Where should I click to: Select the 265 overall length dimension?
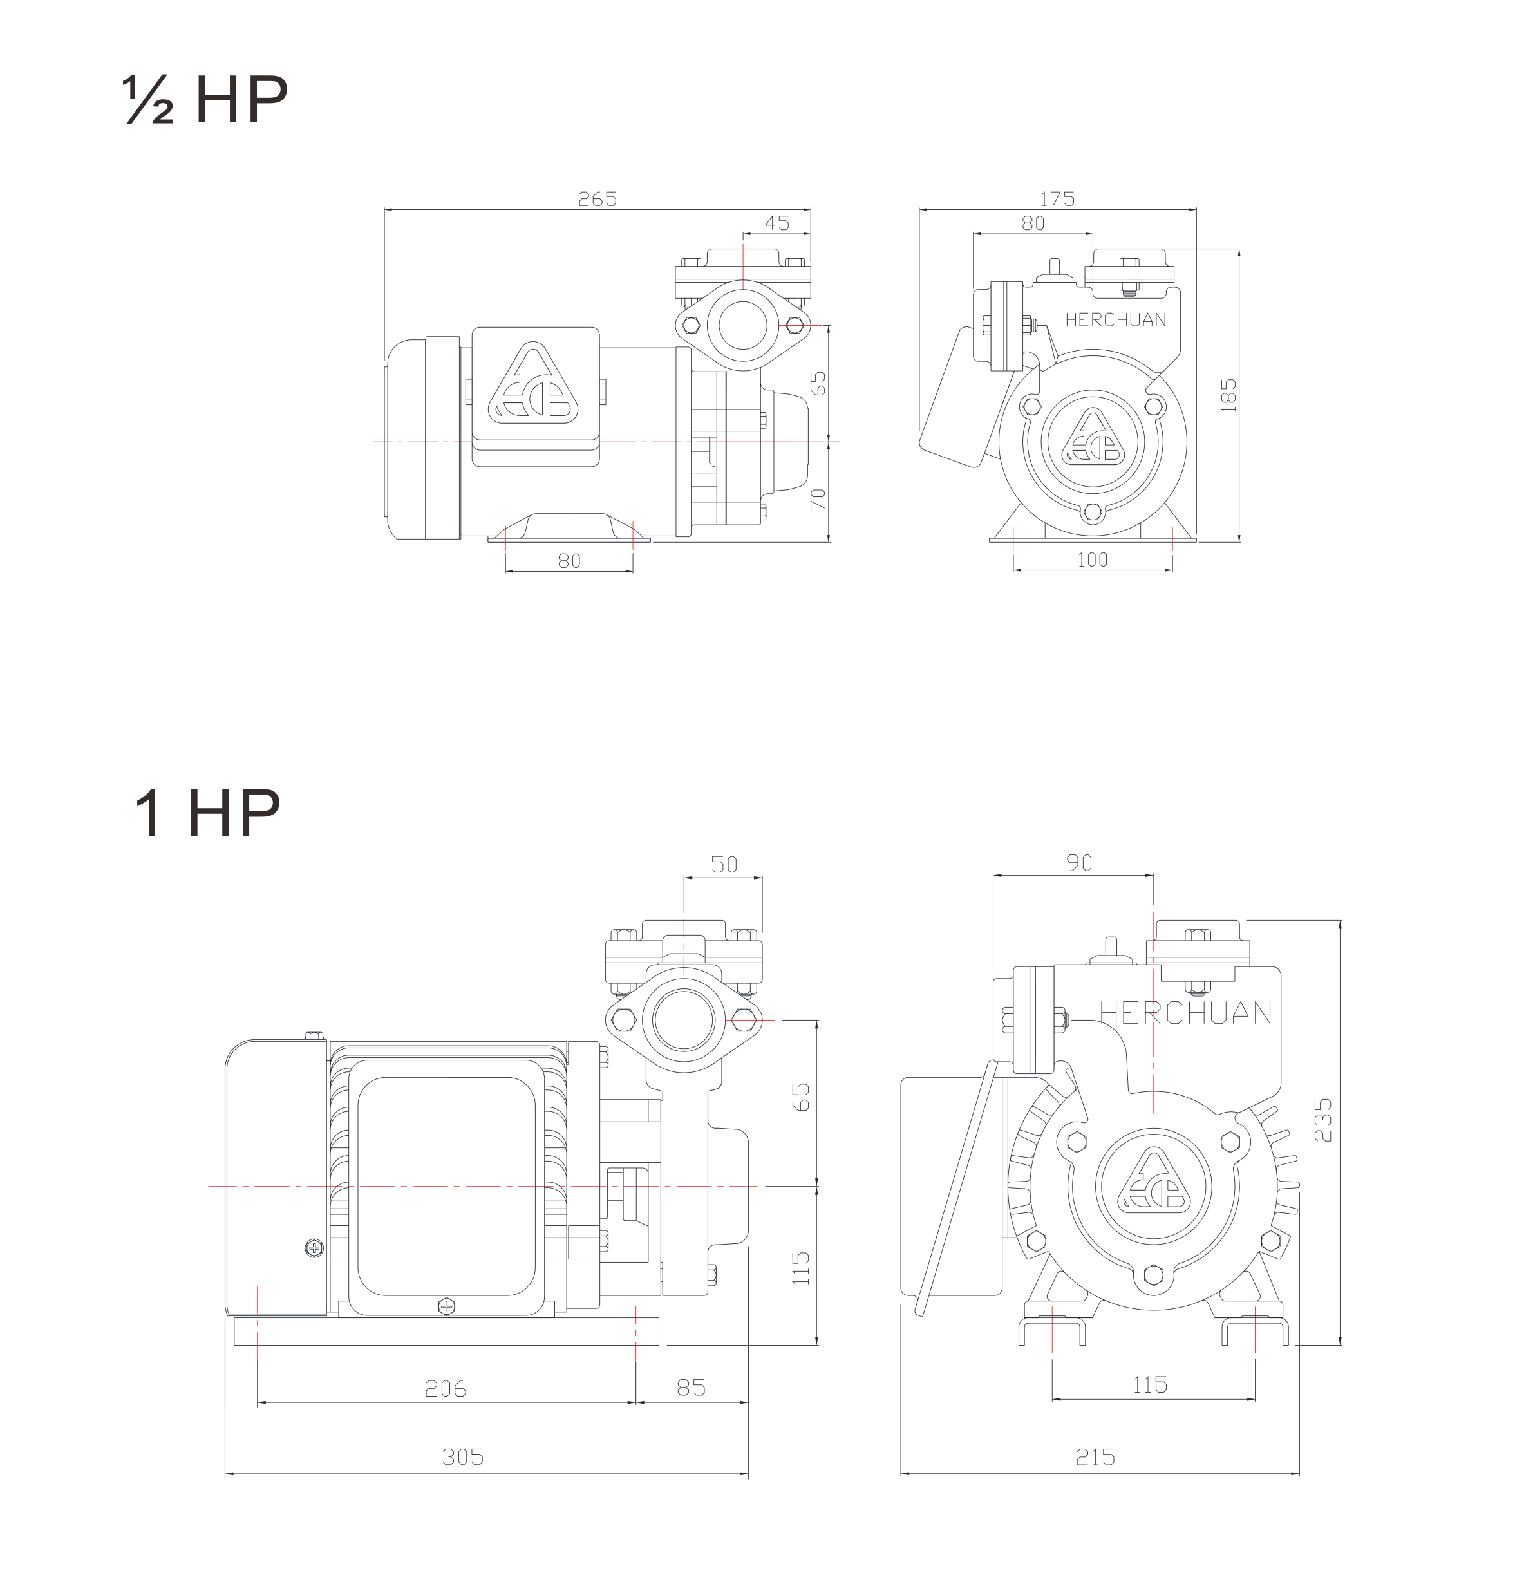598,198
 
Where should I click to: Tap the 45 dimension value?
776,223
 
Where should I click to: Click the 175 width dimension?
1057,198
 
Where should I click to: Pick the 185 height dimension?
1228,395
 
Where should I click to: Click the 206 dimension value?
446,1388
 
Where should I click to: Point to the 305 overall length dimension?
464,1457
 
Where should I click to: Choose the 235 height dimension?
1322,1118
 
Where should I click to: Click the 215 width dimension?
1096,1457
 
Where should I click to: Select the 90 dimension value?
1079,863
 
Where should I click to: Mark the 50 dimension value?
724,865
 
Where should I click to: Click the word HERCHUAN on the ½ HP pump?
1115,319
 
